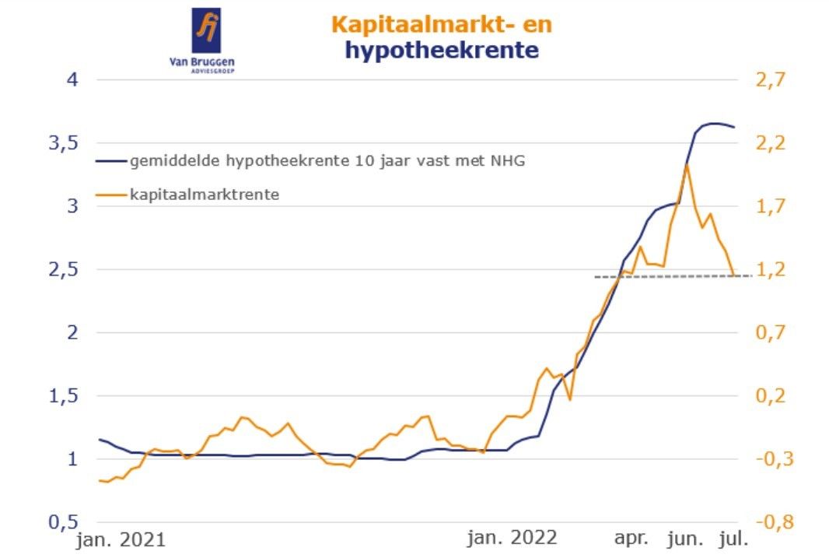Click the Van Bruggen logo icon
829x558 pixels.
coord(205,29)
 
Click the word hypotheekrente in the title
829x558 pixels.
coord(442,51)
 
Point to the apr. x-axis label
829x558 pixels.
coord(631,538)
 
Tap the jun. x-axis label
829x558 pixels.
coord(684,538)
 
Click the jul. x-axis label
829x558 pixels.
coord(733,538)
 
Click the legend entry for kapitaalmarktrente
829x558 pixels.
coord(205,194)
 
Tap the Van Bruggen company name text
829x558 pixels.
coord(205,61)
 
